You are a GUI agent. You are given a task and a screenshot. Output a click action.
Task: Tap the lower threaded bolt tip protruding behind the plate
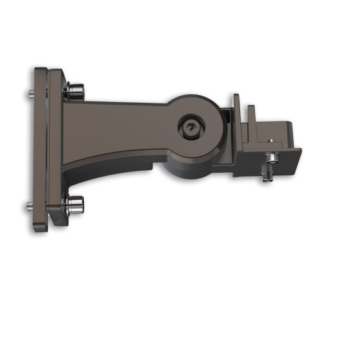(x=30, y=207)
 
